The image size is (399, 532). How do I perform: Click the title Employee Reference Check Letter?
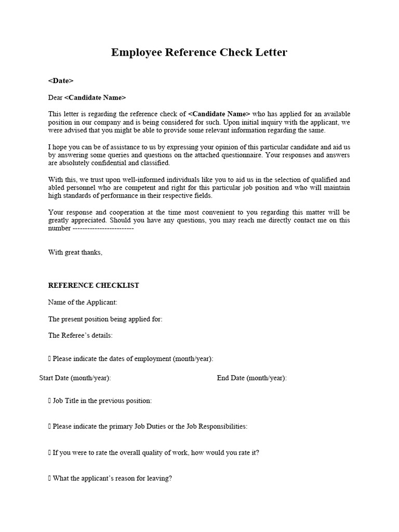(199, 52)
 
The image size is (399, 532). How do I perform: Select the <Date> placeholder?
(61, 81)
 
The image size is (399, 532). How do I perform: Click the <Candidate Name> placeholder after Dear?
(95, 97)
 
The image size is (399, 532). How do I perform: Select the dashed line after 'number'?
(103, 228)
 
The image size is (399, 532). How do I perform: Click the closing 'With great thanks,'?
(75, 252)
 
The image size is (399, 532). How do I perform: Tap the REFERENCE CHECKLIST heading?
(94, 285)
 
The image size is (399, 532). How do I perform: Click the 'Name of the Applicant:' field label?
(83, 302)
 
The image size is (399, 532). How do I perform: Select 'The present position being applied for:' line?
(105, 319)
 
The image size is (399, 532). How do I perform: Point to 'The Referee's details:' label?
(81, 335)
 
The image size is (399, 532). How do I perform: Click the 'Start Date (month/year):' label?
(75, 378)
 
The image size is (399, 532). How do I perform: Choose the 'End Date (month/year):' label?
(251, 378)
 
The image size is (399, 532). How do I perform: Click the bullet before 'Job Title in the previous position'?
(50, 401)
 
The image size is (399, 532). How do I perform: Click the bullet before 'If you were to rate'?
(50, 452)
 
